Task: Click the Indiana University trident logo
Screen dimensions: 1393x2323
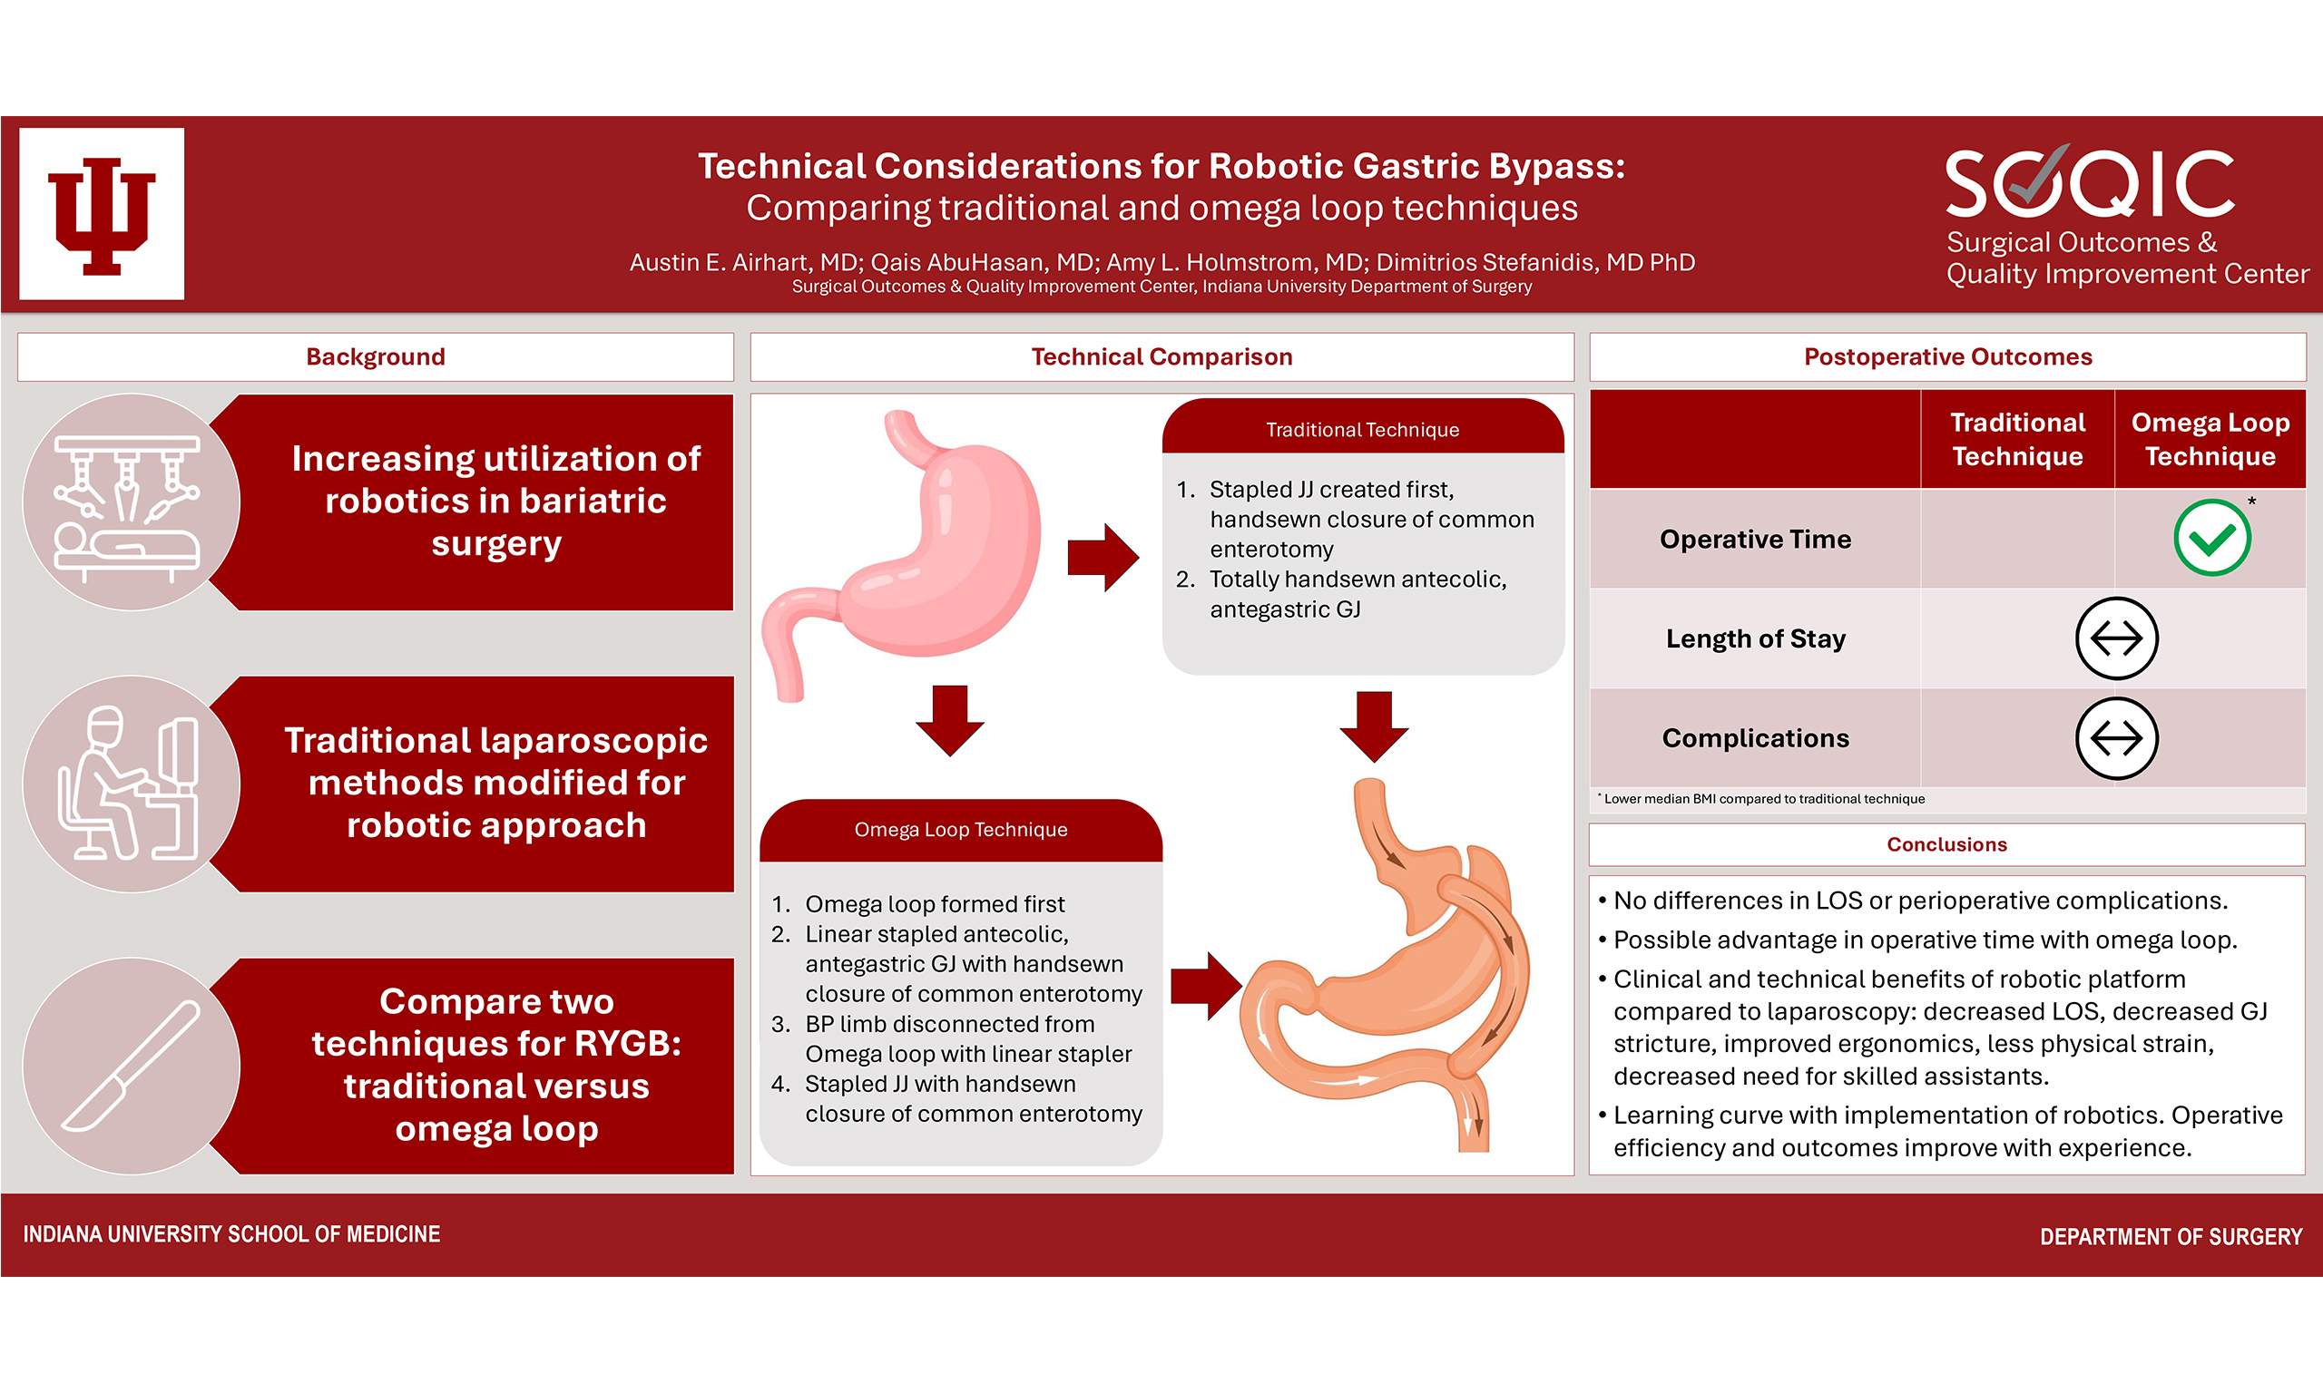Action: (x=102, y=214)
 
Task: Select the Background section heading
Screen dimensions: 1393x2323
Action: (x=376, y=356)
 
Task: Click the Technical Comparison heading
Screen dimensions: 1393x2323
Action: (x=1161, y=356)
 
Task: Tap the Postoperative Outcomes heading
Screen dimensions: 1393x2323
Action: (x=1947, y=356)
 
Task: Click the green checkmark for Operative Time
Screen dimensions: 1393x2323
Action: (x=2211, y=538)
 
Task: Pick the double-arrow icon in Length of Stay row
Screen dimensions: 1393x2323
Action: (x=2115, y=638)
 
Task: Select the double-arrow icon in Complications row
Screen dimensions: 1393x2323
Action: (x=2115, y=738)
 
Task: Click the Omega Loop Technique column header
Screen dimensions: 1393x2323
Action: (x=2210, y=438)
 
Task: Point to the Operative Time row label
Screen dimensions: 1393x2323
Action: (x=1755, y=539)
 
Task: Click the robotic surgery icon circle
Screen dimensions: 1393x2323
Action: (x=131, y=502)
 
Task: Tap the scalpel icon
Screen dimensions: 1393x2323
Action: (x=131, y=1067)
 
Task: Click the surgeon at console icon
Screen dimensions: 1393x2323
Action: (x=131, y=784)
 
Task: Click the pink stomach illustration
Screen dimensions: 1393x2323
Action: (x=901, y=554)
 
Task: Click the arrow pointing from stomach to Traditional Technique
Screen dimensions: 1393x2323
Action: (x=1103, y=558)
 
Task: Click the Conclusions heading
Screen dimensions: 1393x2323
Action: (x=1946, y=845)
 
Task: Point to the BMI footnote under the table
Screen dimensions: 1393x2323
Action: (x=1763, y=799)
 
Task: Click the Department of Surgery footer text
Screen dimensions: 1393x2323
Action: (x=2171, y=1236)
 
